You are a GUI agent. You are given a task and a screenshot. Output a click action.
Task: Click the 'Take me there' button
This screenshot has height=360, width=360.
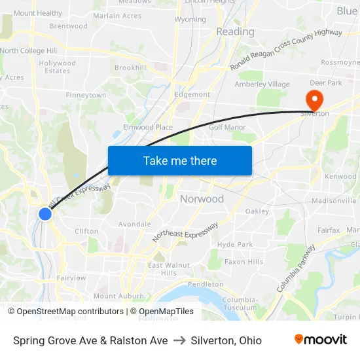click(180, 160)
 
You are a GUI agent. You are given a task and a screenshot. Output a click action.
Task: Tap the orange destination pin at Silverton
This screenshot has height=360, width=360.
click(314, 99)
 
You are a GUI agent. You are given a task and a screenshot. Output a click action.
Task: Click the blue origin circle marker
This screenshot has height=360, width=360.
click(45, 213)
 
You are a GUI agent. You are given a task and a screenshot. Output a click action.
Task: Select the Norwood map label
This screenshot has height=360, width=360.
click(202, 199)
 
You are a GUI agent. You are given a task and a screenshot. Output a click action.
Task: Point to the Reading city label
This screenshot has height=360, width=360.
click(235, 31)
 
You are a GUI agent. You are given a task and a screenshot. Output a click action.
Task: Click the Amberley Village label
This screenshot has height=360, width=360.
click(262, 84)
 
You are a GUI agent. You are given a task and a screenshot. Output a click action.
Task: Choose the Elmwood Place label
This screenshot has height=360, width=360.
click(148, 127)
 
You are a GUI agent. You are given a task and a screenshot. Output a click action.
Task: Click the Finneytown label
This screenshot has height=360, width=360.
click(86, 96)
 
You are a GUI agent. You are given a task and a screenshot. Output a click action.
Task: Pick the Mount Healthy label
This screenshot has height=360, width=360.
click(38, 13)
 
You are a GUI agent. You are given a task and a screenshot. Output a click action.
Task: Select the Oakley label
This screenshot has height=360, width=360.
click(257, 211)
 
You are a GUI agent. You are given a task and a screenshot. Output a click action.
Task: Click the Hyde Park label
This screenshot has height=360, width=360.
click(235, 244)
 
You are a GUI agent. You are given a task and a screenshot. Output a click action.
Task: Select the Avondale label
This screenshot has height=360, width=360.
click(134, 224)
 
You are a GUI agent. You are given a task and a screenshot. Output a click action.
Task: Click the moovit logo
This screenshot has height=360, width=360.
click(320, 339)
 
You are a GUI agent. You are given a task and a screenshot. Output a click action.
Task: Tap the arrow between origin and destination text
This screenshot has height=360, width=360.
click(179, 340)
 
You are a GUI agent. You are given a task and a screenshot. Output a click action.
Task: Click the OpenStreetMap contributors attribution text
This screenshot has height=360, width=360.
click(70, 312)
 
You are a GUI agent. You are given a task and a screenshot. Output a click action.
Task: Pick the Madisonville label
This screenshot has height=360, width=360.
click(333, 200)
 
